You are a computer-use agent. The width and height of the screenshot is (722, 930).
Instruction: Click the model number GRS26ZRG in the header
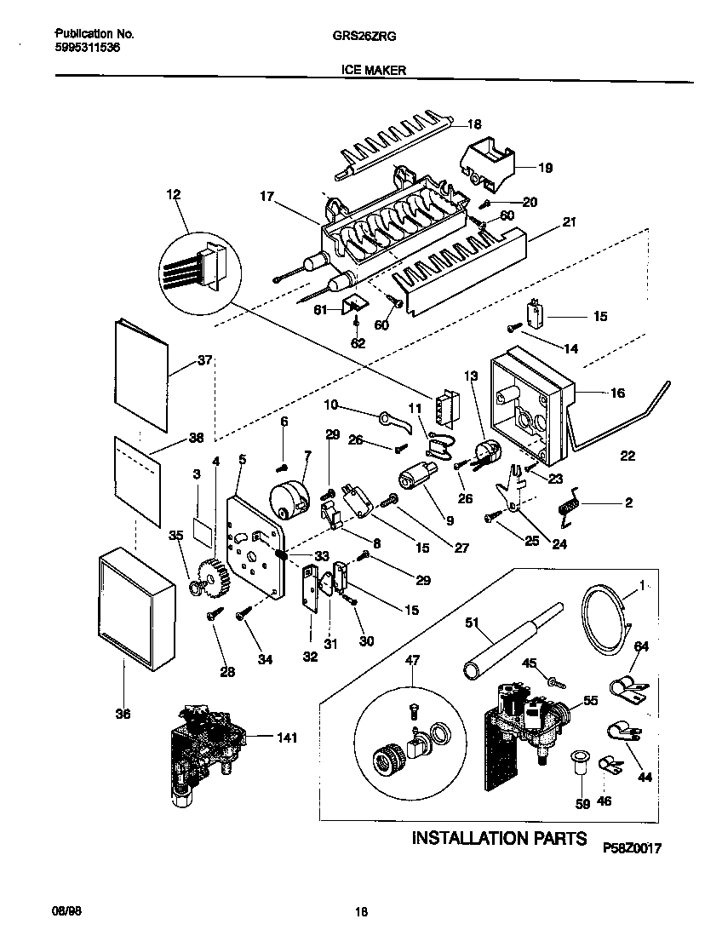click(357, 37)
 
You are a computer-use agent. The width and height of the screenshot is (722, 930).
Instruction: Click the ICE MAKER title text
click(360, 72)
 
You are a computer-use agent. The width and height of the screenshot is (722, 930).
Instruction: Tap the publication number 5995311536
click(88, 49)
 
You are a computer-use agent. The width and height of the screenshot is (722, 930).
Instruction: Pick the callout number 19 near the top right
click(545, 168)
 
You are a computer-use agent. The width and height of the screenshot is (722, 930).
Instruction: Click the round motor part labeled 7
click(287, 495)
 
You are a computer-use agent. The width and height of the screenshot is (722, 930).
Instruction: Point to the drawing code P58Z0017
click(632, 848)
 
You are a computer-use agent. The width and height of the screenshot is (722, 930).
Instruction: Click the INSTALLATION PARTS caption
click(499, 838)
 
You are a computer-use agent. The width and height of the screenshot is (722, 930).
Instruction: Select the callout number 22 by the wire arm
click(627, 456)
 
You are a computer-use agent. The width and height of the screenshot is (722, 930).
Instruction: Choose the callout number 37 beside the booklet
click(204, 360)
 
